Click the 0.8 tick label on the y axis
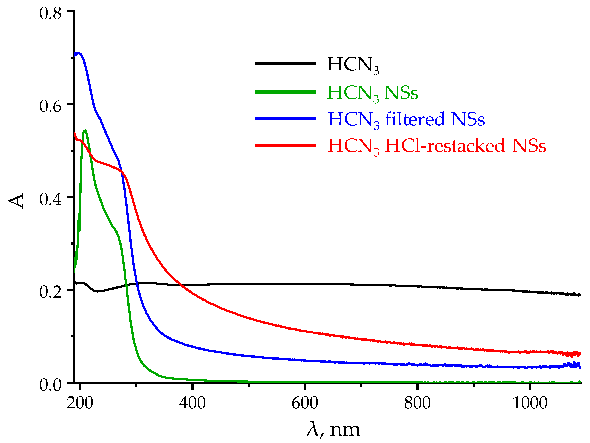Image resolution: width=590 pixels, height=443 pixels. (50, 13)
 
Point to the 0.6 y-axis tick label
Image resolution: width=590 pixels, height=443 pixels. (50, 106)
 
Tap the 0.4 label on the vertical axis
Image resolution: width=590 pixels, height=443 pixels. (50, 199)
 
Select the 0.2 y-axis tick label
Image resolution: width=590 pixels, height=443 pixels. (50, 292)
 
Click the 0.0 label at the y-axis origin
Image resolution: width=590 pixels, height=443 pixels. (50, 384)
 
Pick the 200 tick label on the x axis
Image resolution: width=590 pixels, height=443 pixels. (80, 403)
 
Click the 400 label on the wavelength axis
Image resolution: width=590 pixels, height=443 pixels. (192, 403)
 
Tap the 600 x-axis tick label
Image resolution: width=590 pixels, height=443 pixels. (305, 403)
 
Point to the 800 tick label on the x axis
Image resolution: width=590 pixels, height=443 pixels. (417, 403)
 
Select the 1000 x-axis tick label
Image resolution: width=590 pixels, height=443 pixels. (530, 403)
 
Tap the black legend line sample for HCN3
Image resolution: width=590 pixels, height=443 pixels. (285, 63)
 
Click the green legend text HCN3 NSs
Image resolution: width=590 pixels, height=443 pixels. (372, 93)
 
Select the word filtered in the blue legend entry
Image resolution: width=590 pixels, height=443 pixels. (415, 119)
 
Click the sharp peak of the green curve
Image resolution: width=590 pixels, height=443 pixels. (85, 130)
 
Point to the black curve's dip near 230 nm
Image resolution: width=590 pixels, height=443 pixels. (98, 291)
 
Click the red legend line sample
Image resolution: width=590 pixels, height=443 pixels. (285, 146)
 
